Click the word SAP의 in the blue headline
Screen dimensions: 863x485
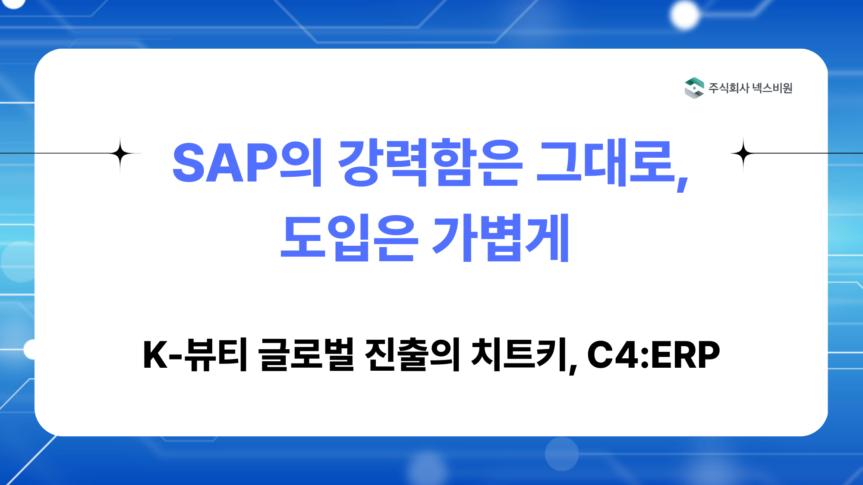tap(247, 163)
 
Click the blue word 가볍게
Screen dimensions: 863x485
tap(501, 238)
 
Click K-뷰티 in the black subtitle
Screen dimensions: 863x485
tap(195, 354)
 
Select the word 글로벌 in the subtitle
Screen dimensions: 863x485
tap(306, 354)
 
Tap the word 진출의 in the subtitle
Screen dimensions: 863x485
tap(413, 354)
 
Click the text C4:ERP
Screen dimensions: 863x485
tap(653, 355)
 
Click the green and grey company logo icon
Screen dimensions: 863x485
tap(694, 88)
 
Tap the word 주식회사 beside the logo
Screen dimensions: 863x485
tap(729, 88)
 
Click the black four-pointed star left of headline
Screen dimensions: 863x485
tap(120, 153)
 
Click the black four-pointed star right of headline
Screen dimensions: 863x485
tap(743, 153)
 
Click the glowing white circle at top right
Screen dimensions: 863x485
tap(684, 15)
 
